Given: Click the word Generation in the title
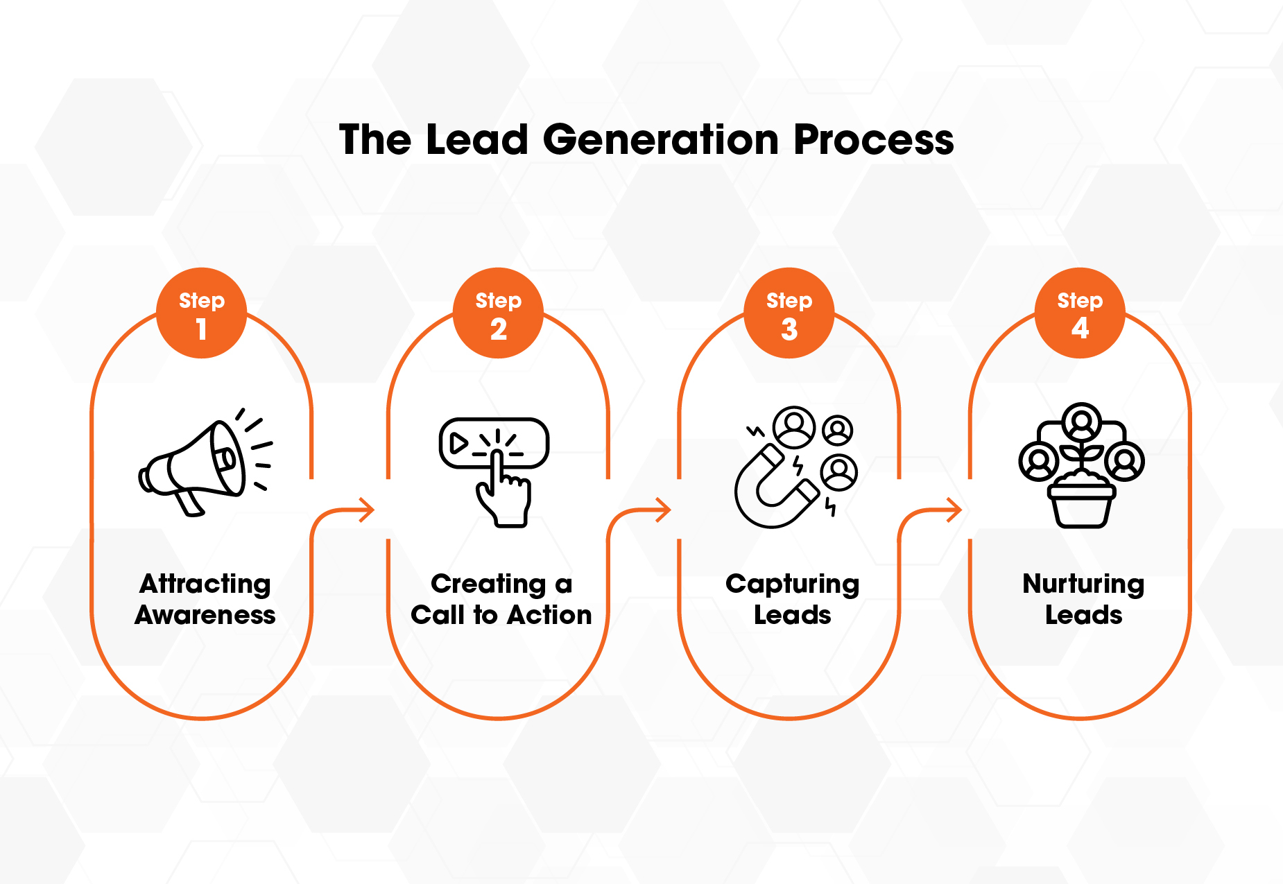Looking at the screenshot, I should [x=661, y=140].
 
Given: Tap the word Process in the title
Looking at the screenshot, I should [x=874, y=140].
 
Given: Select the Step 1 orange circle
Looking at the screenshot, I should [x=201, y=313].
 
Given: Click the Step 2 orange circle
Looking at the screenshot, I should [x=498, y=313].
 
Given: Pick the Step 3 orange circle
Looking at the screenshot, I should [x=789, y=313].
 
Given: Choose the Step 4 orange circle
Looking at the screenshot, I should [x=1080, y=313].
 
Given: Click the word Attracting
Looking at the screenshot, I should [x=205, y=584].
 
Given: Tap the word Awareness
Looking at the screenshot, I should [x=205, y=615].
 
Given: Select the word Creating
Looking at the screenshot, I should [x=488, y=584].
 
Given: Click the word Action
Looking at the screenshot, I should [x=550, y=615].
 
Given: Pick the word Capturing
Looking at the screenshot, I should [x=792, y=584].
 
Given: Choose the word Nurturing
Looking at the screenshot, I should [x=1083, y=584].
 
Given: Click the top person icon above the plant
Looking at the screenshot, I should [x=1081, y=421].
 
